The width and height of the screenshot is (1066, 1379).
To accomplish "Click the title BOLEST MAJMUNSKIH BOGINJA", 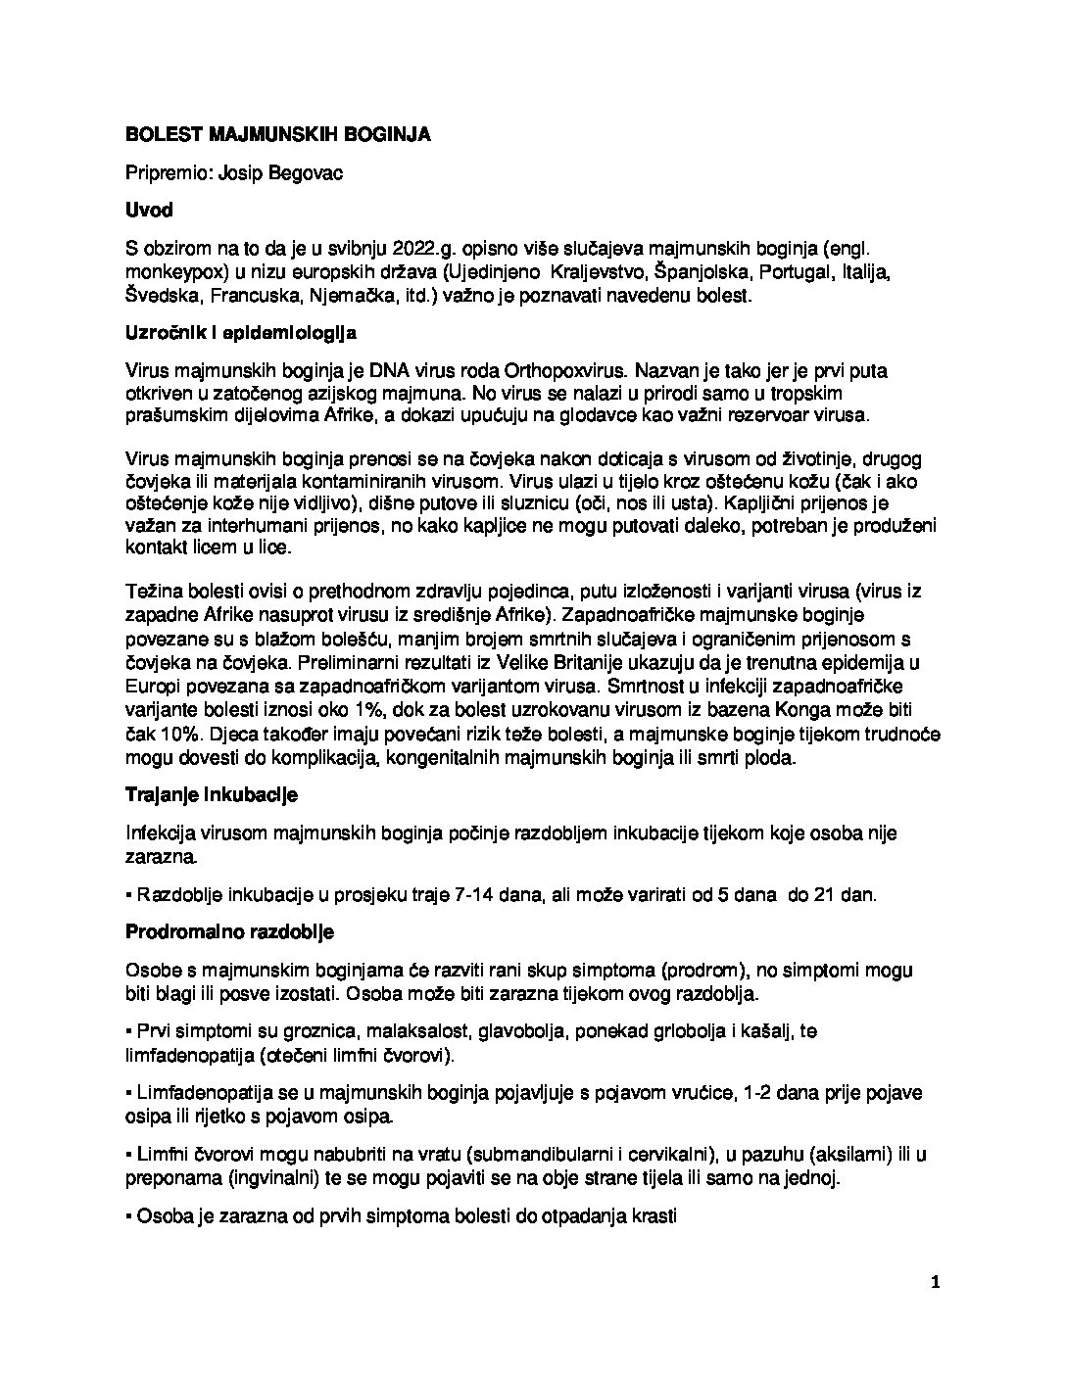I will [277, 134].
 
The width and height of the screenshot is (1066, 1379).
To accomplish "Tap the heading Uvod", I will [149, 210].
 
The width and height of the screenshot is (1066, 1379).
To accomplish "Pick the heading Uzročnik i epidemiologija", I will [241, 334].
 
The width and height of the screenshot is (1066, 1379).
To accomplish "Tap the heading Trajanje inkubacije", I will [211, 794].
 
